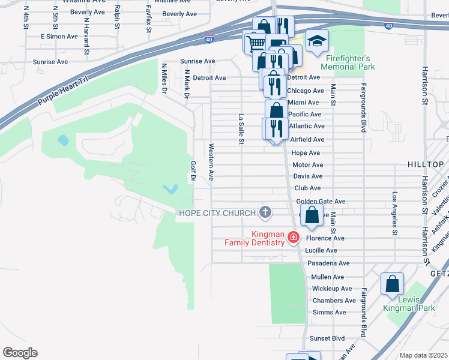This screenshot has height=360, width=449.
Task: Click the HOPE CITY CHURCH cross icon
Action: [x=265, y=212]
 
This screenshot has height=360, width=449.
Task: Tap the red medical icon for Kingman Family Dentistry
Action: [x=294, y=238]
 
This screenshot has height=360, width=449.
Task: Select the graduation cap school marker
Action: [x=317, y=41]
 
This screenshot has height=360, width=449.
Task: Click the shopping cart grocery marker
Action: [x=255, y=41]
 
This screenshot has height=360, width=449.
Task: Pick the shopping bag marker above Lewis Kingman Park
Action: [x=392, y=283]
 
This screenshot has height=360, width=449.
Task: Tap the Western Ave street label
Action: [x=211, y=161]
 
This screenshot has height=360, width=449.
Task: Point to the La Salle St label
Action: [x=241, y=129]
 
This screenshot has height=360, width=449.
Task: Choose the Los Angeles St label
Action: [x=394, y=214]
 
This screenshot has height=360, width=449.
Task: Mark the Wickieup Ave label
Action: [x=332, y=289]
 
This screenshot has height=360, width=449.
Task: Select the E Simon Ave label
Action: [x=59, y=37]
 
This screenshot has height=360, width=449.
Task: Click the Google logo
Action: [x=20, y=352]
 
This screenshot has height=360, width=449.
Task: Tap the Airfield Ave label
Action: [x=307, y=139]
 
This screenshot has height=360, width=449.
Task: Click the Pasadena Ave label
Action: [x=328, y=263]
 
